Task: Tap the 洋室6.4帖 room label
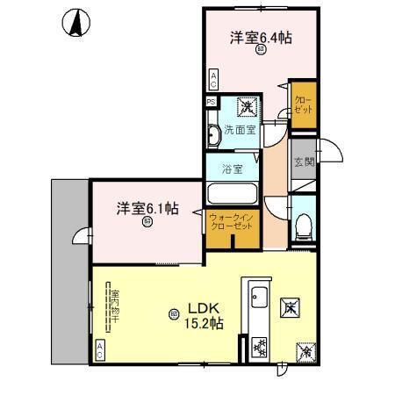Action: tap(261, 39)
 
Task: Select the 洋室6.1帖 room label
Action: tap(148, 209)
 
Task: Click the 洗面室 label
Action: tap(239, 130)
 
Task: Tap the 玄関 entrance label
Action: tap(304, 162)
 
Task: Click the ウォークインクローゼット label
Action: tap(231, 221)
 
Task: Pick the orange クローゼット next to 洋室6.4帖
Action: tap(303, 104)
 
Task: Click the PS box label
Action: tap(211, 101)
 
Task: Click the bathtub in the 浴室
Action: tap(231, 192)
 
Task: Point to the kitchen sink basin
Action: tap(259, 297)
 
